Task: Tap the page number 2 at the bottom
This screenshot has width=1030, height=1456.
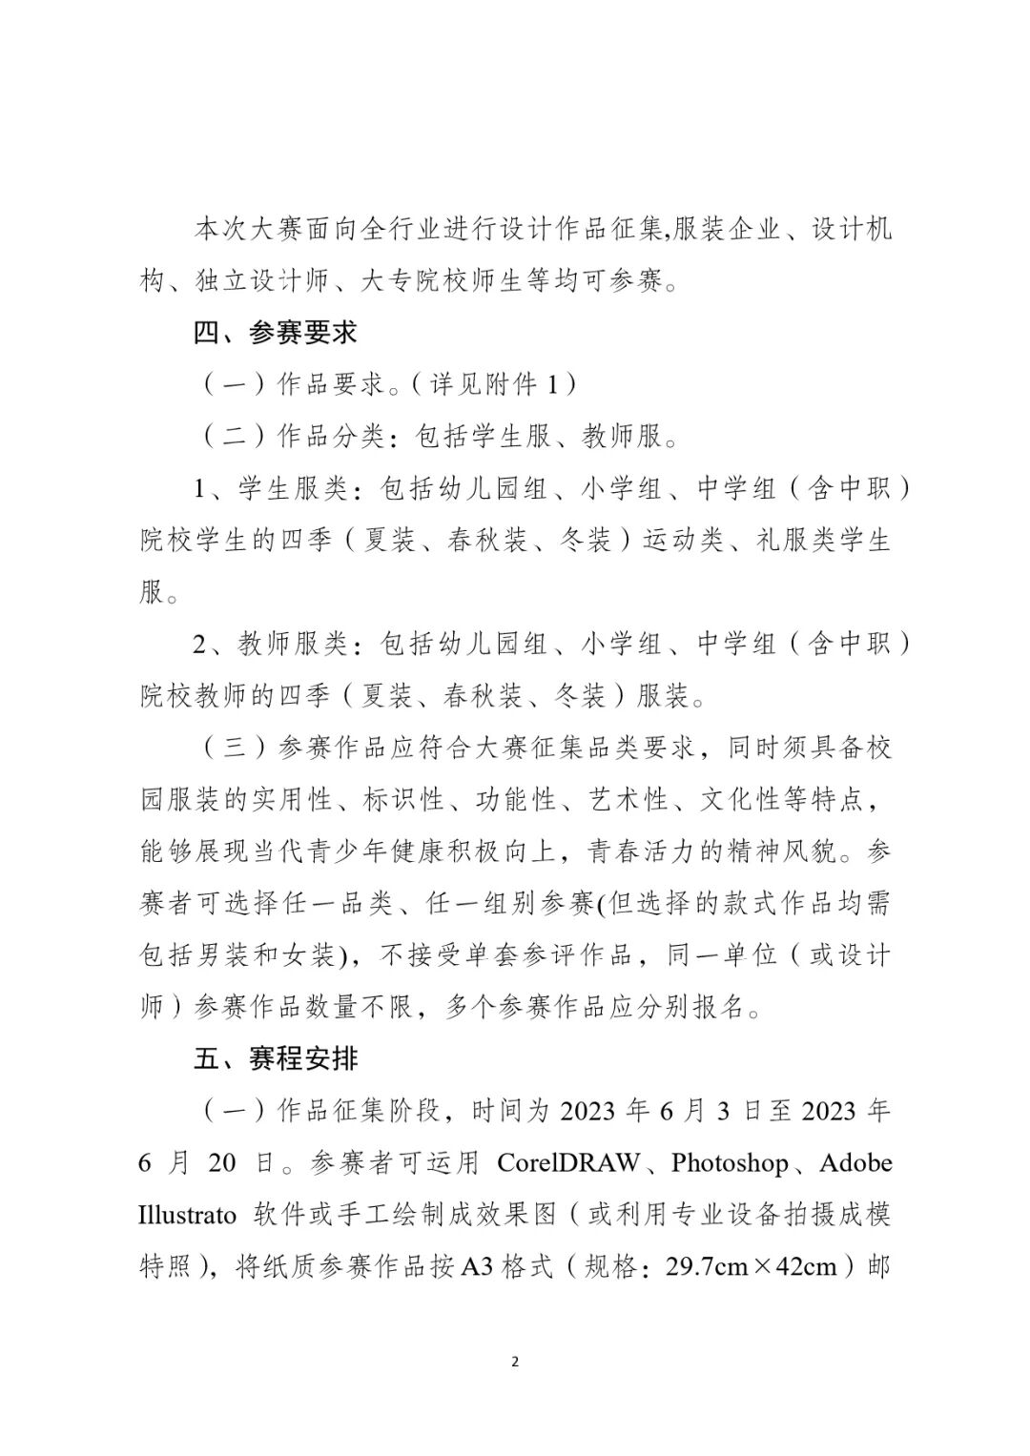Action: click(x=515, y=1362)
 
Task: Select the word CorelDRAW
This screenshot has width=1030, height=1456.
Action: click(x=568, y=1163)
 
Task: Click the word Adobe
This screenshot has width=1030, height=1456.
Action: click(x=855, y=1163)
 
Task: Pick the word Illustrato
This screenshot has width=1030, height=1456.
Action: click(x=187, y=1215)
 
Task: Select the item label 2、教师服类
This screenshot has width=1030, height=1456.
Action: click(x=270, y=645)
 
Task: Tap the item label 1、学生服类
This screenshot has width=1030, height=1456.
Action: click(x=270, y=489)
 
